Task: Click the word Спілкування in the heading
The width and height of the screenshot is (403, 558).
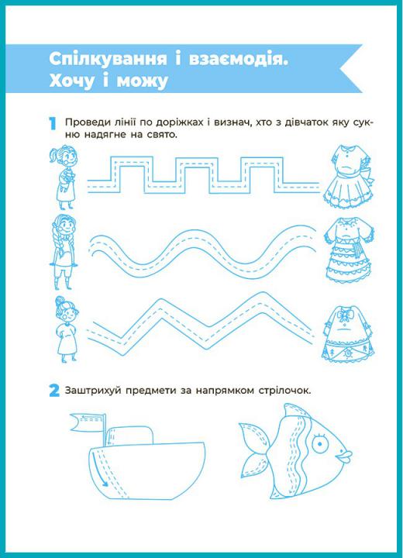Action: pyautogui.click(x=108, y=59)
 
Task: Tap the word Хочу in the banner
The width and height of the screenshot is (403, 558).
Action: pyautogui.click(x=71, y=81)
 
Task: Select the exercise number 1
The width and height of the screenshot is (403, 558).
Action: pyautogui.click(x=53, y=123)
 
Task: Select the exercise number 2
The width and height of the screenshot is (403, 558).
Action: pyautogui.click(x=54, y=391)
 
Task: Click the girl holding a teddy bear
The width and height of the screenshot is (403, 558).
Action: pyautogui.click(x=64, y=177)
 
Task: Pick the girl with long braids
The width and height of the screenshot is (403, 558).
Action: pyautogui.click(x=64, y=252)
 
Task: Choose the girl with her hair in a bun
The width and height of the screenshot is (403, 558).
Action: pyautogui.click(x=66, y=329)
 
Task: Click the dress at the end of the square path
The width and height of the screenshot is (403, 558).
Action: pyautogui.click(x=349, y=177)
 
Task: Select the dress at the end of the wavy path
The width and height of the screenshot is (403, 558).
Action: pyautogui.click(x=349, y=250)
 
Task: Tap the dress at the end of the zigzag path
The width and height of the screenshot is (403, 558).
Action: pyautogui.click(x=348, y=333)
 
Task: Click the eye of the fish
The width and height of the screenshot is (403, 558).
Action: pyautogui.click(x=319, y=443)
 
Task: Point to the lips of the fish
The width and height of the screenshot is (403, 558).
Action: pyautogui.click(x=344, y=456)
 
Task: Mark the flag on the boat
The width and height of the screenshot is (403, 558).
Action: pyautogui.click(x=87, y=422)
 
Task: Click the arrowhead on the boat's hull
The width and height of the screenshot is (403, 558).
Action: pyautogui.click(x=104, y=483)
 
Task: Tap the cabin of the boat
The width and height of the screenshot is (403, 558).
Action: pyautogui.click(x=130, y=436)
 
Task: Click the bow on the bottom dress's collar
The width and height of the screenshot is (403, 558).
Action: pyautogui.click(x=343, y=315)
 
